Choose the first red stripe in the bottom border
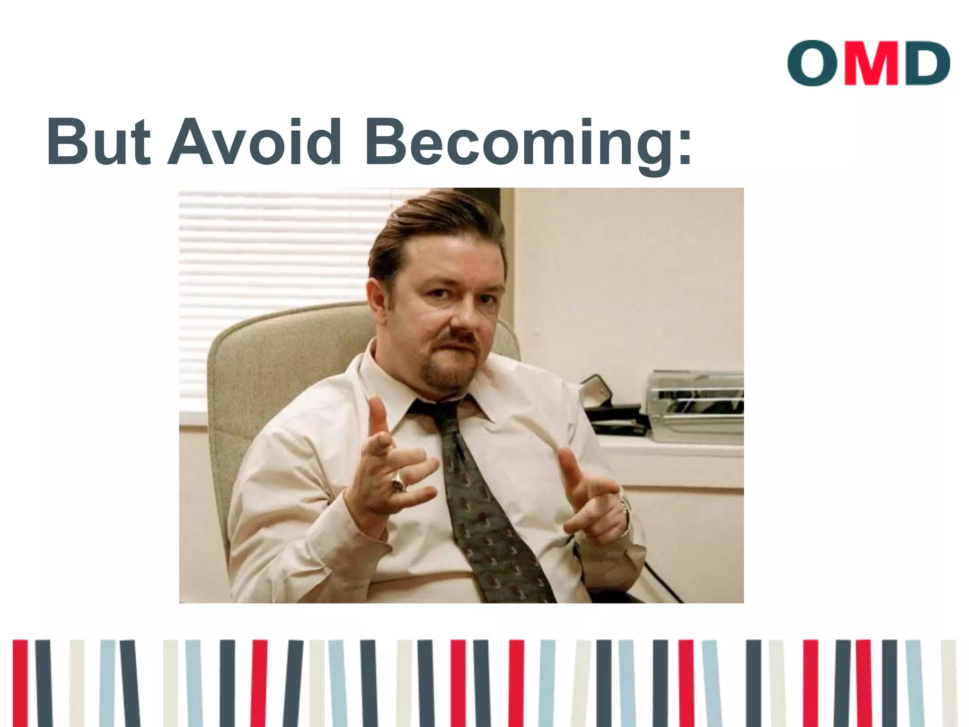pos(20,682)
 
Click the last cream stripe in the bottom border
pos(948,682)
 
